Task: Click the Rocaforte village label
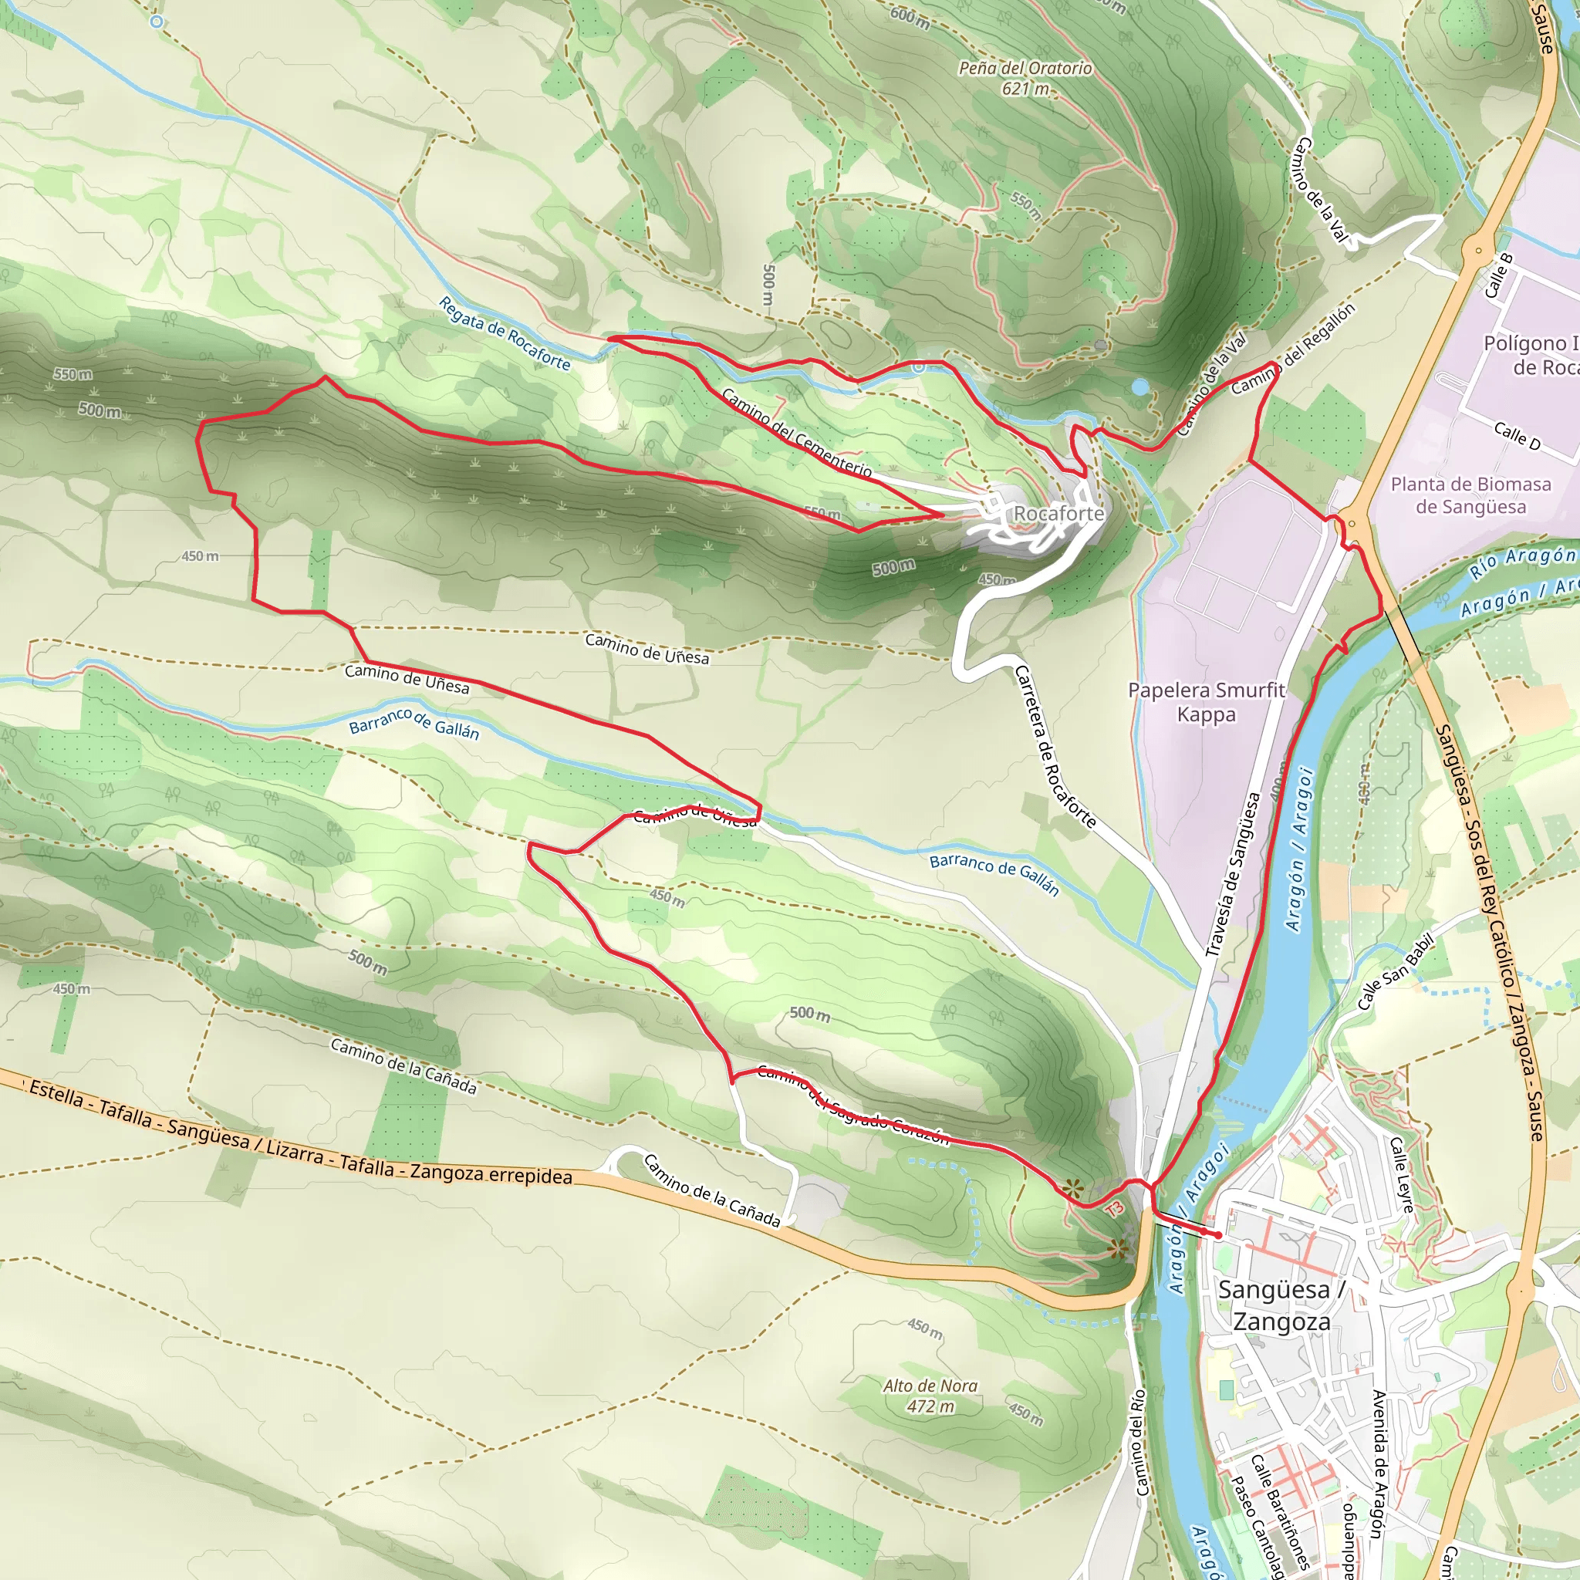[1058, 514]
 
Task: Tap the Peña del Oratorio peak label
[1025, 78]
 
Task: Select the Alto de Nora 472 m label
[930, 1396]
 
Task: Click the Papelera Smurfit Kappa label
[1206, 702]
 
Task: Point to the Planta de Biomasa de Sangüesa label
[1470, 495]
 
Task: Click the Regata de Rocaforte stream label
[504, 333]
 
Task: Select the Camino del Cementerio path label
[795, 434]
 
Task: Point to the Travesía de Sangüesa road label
[1234, 874]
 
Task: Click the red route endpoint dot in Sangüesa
[1217, 1235]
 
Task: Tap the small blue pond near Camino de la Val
[1140, 387]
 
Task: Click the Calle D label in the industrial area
[1516, 436]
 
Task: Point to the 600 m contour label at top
[910, 15]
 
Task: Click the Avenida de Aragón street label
[1379, 1463]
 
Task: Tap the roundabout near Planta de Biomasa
[1352, 523]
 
